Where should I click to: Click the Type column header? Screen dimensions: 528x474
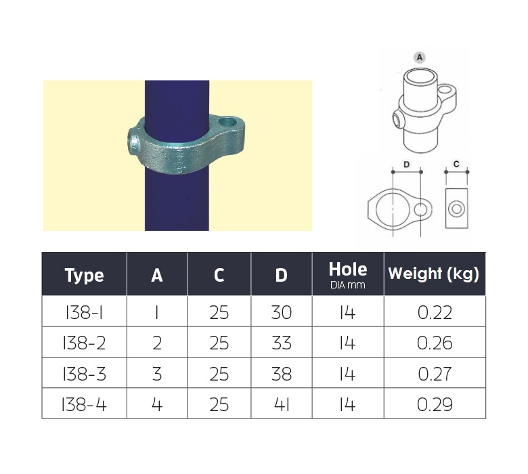point(84,275)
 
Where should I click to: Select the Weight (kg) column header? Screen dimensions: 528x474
point(434,274)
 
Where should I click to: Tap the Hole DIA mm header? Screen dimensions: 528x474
point(348,275)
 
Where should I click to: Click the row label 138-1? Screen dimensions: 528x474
point(84,313)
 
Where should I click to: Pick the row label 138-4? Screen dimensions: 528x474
point(84,404)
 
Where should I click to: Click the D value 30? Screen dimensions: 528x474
point(281,313)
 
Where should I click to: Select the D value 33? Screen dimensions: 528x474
point(281,343)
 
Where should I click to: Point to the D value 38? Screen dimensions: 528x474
point(281,374)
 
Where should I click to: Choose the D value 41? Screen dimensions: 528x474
point(281,404)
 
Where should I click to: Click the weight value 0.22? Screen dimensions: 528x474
point(435,313)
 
